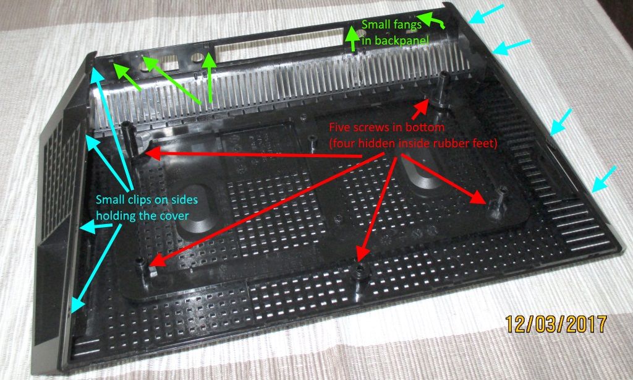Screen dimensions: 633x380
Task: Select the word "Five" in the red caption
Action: (x=338, y=127)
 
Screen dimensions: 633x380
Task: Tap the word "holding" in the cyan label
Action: (x=114, y=215)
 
